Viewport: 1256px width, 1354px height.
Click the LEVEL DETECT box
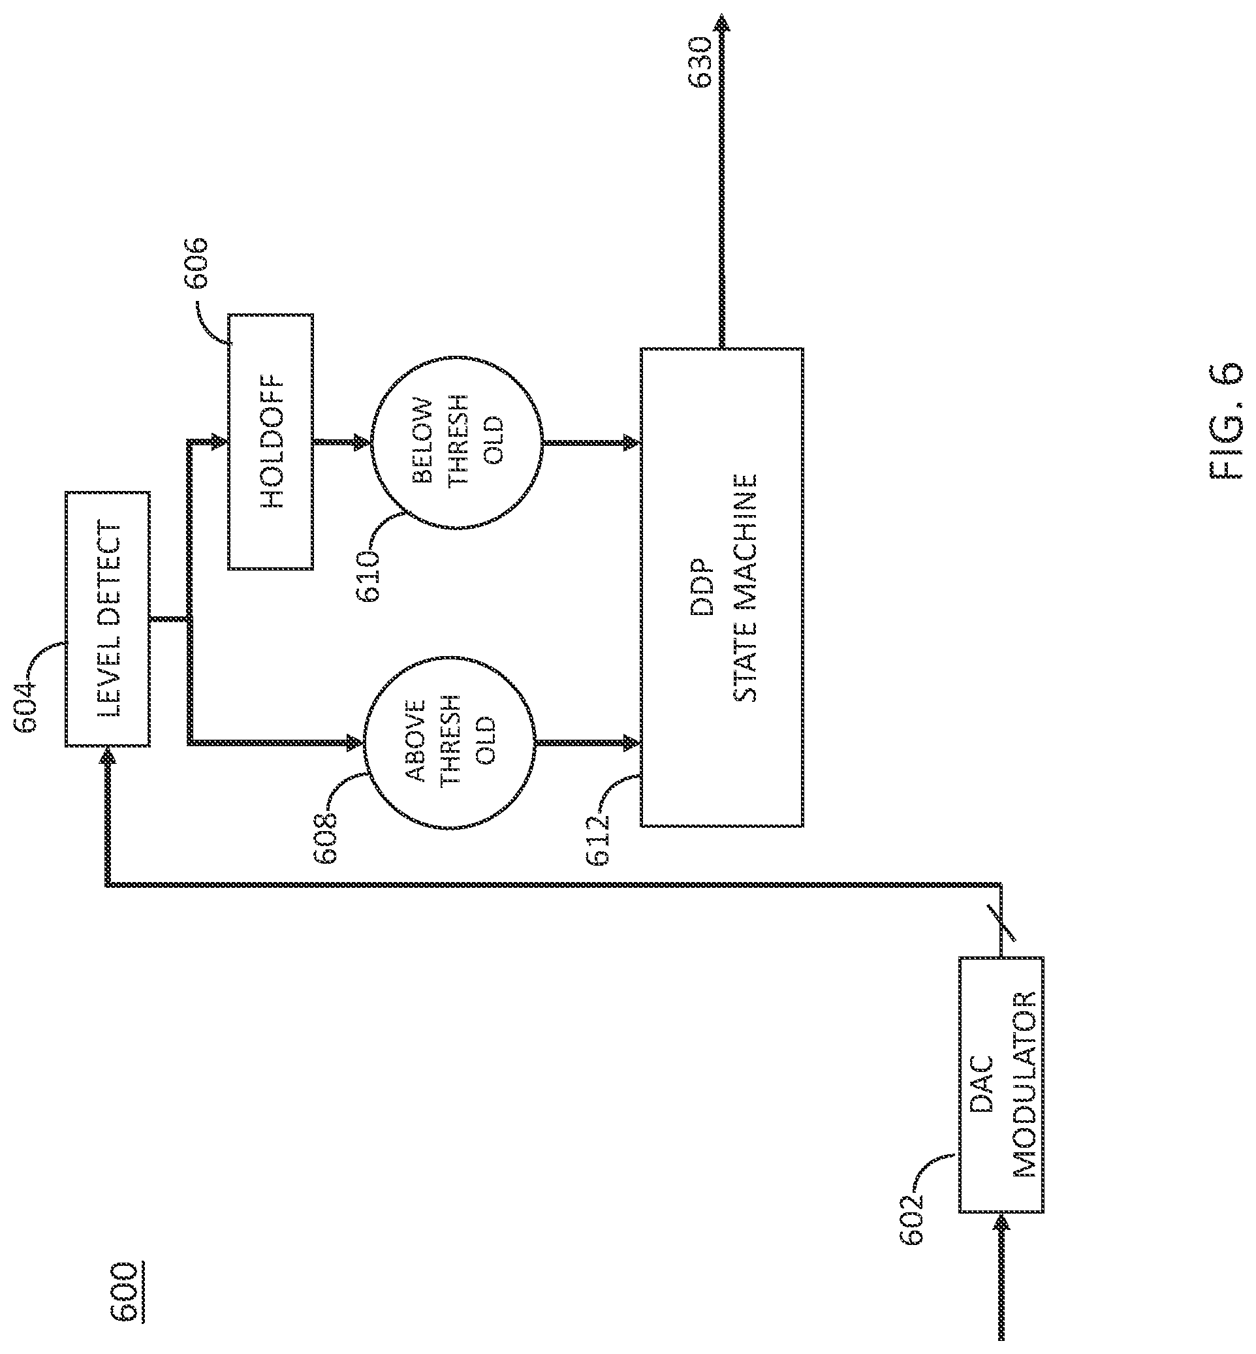coord(107,618)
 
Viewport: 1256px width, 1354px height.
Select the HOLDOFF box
coord(270,441)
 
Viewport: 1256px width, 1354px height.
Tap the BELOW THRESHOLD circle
coord(456,441)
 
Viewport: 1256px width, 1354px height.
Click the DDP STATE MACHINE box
coord(722,588)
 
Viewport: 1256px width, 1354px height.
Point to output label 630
coord(700,63)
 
